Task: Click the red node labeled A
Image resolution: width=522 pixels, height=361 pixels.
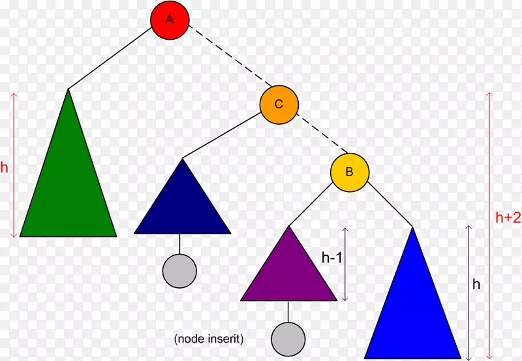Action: tap(170, 20)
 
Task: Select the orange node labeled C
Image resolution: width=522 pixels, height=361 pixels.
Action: tap(279, 104)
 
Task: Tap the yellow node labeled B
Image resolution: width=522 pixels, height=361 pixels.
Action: tap(349, 172)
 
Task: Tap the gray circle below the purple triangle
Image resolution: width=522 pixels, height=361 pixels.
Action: tap(288, 338)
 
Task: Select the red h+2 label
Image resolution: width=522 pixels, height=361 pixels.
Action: tap(506, 219)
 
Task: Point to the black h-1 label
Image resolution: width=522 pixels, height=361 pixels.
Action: tap(332, 258)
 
